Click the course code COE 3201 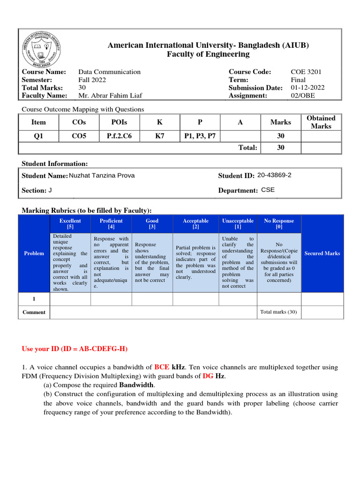tap(306, 72)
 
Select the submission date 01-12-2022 tap(307, 88)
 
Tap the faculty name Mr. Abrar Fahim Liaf tap(110, 96)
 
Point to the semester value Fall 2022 tap(92, 80)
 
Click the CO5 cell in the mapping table tap(79, 136)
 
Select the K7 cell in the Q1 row tap(160, 136)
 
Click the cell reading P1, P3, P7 tap(200, 136)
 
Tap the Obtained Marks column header tap(321, 122)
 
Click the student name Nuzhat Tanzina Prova tap(101, 176)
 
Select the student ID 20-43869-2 tap(274, 175)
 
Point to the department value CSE tap(268, 190)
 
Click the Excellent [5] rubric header tap(70, 224)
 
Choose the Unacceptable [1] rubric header tap(238, 224)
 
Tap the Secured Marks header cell tap(322, 254)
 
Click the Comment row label tap(34, 312)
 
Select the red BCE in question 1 tap(162, 367)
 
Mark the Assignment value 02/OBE tap(303, 96)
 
